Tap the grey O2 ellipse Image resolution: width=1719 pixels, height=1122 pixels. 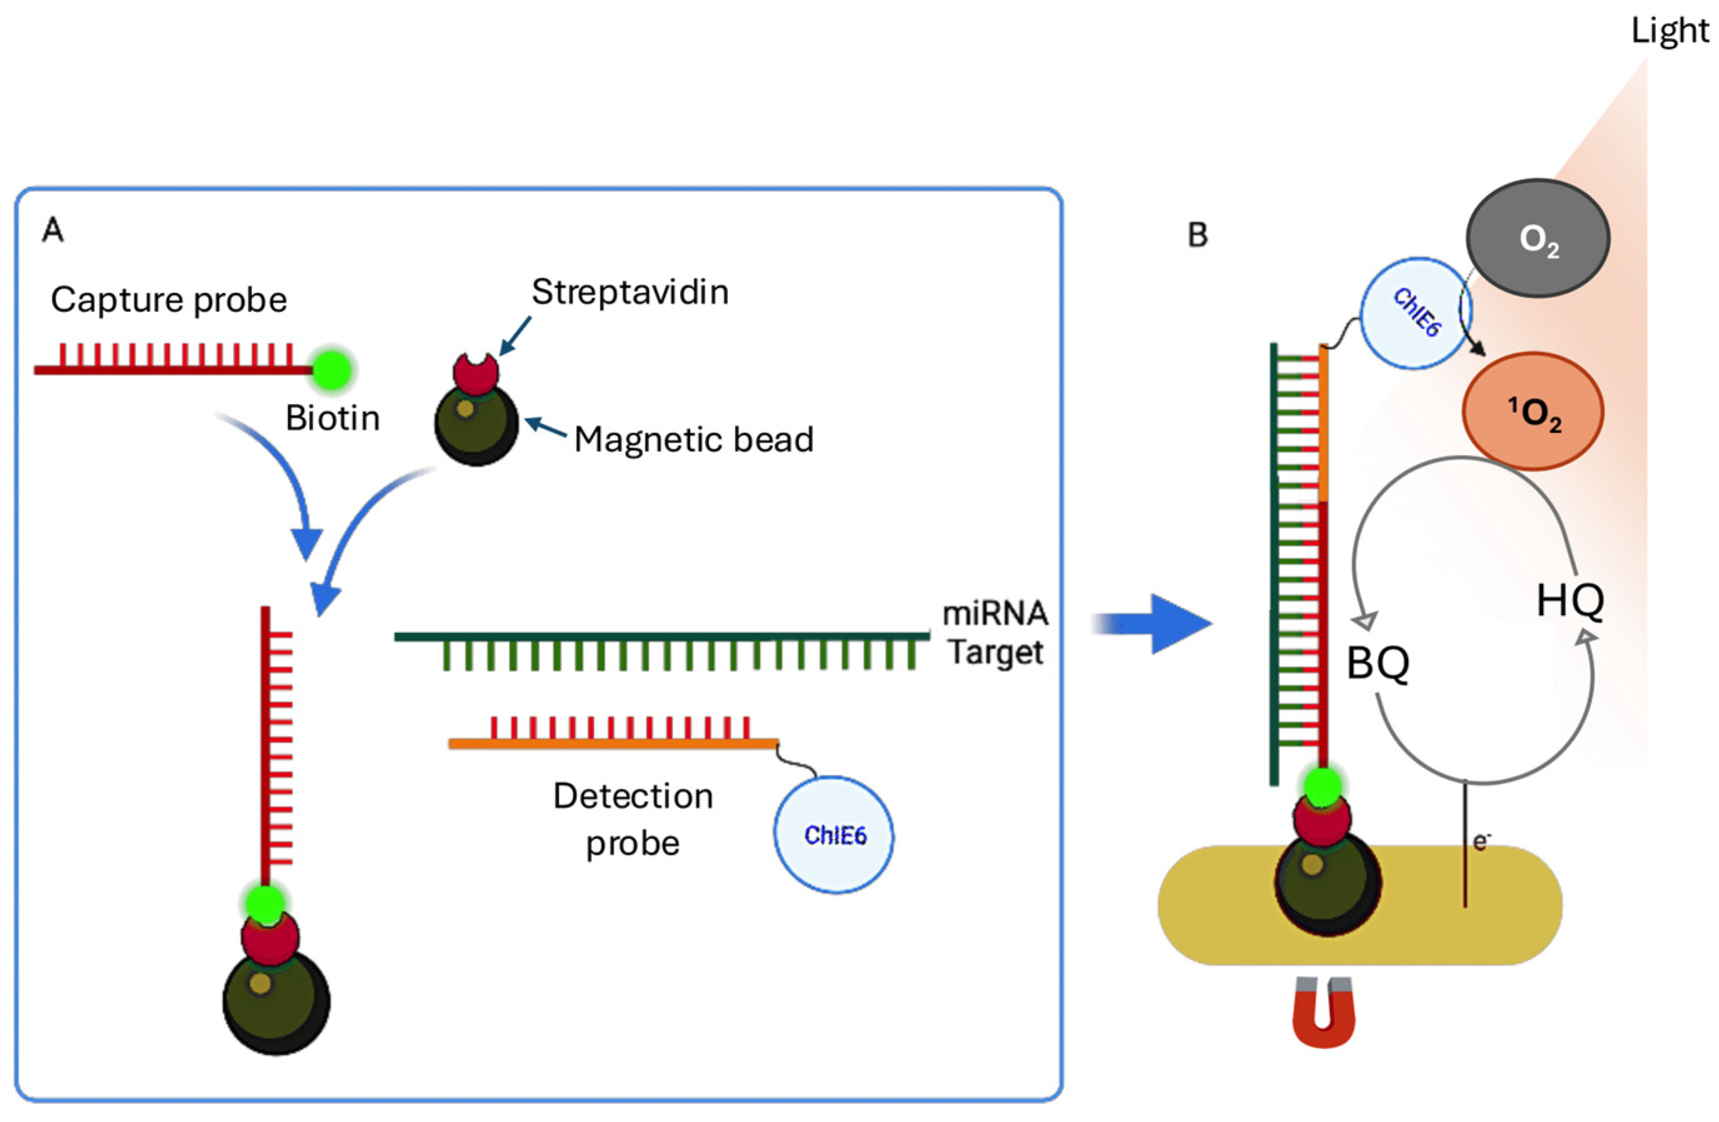(x=1538, y=239)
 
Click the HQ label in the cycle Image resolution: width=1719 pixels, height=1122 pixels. (x=1570, y=601)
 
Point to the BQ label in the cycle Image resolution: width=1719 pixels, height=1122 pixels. (x=1378, y=663)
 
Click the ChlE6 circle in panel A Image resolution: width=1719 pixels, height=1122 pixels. (x=834, y=835)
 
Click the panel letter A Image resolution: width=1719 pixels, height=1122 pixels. (x=52, y=231)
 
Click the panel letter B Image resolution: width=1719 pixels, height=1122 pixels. (x=1198, y=235)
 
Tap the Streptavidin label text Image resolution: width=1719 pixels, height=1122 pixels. (x=630, y=292)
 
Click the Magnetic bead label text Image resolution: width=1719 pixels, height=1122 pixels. (x=693, y=440)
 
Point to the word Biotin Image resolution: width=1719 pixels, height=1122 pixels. (x=332, y=418)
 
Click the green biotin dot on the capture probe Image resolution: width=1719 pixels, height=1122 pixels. (x=332, y=370)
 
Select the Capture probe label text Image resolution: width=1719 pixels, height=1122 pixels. (x=169, y=300)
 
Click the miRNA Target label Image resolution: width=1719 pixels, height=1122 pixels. (x=995, y=632)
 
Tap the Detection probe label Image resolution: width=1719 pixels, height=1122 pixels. (x=633, y=819)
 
